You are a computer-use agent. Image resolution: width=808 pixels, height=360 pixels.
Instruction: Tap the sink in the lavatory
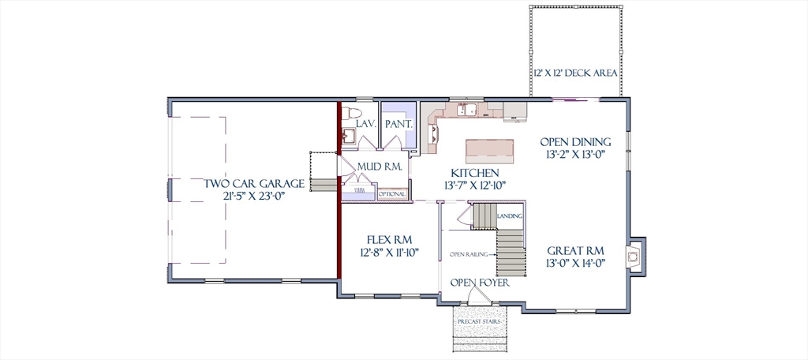pyautogui.click(x=350, y=136)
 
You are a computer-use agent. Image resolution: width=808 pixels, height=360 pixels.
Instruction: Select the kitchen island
pyautogui.click(x=489, y=151)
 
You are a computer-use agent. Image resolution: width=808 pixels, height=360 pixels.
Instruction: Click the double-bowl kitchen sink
pyautogui.click(x=467, y=109)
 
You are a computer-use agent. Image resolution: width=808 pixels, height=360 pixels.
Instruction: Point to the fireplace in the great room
pyautogui.click(x=634, y=256)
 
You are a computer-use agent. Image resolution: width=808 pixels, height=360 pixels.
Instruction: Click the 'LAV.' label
pyautogui.click(x=367, y=124)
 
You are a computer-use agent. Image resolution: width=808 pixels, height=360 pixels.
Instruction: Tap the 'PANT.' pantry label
pyautogui.click(x=398, y=124)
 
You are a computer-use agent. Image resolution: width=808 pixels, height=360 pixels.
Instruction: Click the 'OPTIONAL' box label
pyautogui.click(x=392, y=194)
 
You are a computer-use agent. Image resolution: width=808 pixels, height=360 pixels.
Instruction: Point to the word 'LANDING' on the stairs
pyautogui.click(x=511, y=216)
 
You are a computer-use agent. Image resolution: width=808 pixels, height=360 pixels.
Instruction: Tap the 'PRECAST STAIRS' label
pyautogui.click(x=479, y=322)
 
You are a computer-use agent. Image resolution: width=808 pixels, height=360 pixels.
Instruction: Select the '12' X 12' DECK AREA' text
pyautogui.click(x=575, y=73)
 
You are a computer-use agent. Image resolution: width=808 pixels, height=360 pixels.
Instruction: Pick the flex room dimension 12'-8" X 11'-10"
pyautogui.click(x=389, y=252)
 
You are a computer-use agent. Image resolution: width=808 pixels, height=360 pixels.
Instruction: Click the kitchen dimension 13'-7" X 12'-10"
pyautogui.click(x=474, y=185)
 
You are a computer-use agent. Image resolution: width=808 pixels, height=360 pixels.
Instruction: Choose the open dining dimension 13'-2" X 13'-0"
pyautogui.click(x=575, y=154)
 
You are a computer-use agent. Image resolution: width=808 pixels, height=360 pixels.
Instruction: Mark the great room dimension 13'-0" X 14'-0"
pyautogui.click(x=575, y=263)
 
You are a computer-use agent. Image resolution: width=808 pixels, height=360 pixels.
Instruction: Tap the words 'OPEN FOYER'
pyautogui.click(x=480, y=283)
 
